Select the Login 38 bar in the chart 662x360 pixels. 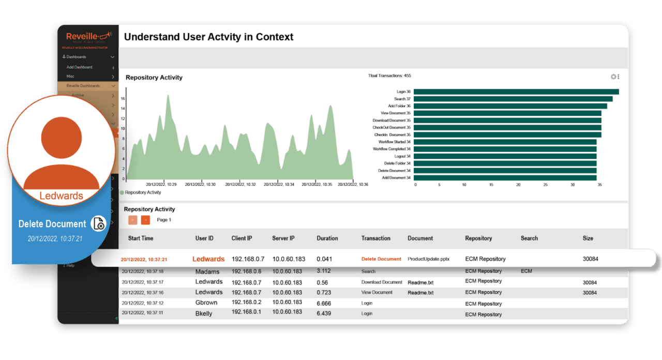coord(516,92)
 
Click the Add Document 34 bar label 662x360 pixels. coord(396,177)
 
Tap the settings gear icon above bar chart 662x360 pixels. coord(613,77)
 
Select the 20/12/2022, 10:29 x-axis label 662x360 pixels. coord(161,184)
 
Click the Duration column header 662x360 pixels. coord(327,238)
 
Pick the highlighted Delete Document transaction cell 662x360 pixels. coord(381,259)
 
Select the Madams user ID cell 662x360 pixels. coord(207,272)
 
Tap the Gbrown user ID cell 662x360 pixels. coord(206,303)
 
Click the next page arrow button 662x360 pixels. coord(145,220)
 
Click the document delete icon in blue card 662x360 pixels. coord(98,223)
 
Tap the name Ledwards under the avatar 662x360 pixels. coord(61,196)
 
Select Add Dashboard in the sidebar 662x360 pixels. coord(79,67)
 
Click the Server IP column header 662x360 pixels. coord(283,238)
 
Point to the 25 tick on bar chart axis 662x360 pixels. coord(546,184)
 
